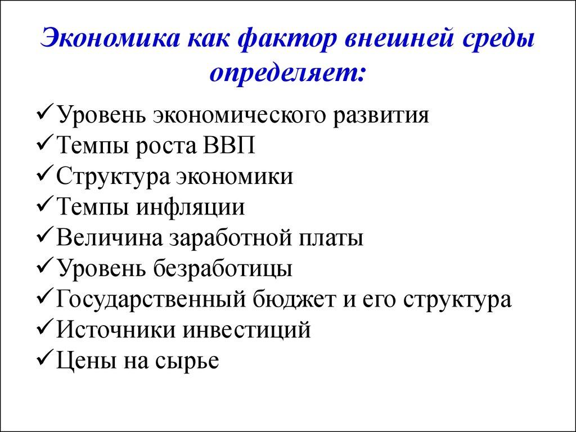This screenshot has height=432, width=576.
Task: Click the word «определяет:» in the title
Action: point(288,73)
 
